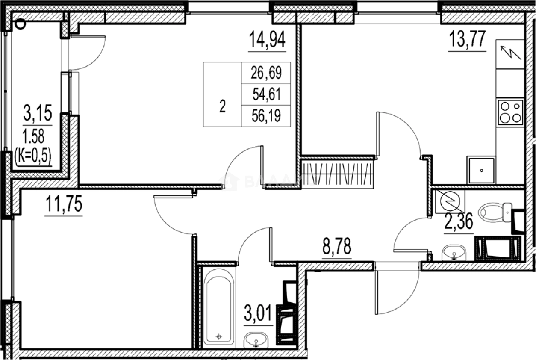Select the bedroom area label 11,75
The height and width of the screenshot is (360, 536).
pyautogui.click(x=64, y=205)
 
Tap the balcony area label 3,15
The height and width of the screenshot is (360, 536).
pyautogui.click(x=37, y=115)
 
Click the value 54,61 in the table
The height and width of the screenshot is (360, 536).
pyautogui.click(x=266, y=94)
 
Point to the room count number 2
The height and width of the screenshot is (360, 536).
pyautogui.click(x=222, y=107)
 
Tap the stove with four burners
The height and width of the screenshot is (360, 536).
pyautogui.click(x=510, y=112)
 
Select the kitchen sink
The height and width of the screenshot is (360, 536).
pyautogui.click(x=482, y=170)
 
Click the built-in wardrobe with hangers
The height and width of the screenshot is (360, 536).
pyautogui.click(x=338, y=173)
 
